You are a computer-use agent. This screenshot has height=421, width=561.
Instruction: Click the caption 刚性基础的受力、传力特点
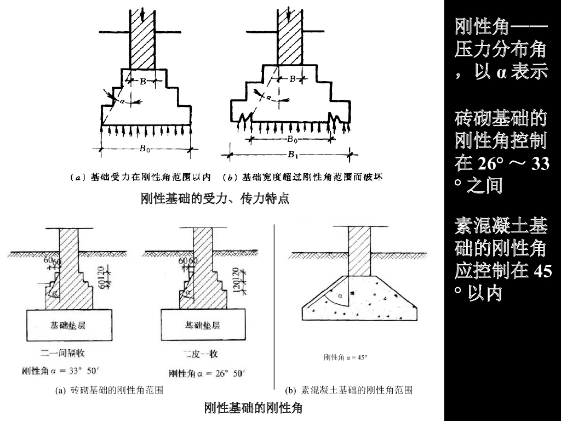tap(215, 198)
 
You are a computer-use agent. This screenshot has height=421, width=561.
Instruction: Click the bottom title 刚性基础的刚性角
tap(253, 408)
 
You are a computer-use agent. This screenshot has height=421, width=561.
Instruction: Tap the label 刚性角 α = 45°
tap(345, 358)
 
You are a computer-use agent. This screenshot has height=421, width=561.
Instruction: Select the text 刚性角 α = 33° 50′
tap(60, 371)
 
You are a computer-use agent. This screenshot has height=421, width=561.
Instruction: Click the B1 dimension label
tap(294, 154)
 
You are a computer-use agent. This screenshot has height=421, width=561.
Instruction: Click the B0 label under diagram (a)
tap(145, 148)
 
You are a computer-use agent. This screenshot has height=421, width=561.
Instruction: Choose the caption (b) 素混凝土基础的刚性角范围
tap(349, 390)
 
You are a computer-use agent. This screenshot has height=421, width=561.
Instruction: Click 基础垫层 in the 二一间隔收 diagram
tap(68, 326)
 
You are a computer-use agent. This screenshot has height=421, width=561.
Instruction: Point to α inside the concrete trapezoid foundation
tap(340, 296)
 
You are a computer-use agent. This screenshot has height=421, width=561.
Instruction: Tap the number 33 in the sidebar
tap(540, 164)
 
